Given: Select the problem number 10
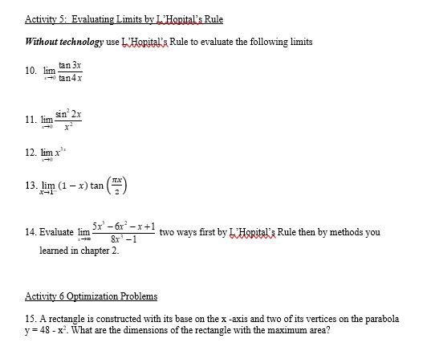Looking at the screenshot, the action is [30, 71].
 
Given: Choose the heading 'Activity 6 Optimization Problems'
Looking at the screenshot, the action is [91, 296].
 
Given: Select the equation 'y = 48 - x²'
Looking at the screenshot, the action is [49, 330].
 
